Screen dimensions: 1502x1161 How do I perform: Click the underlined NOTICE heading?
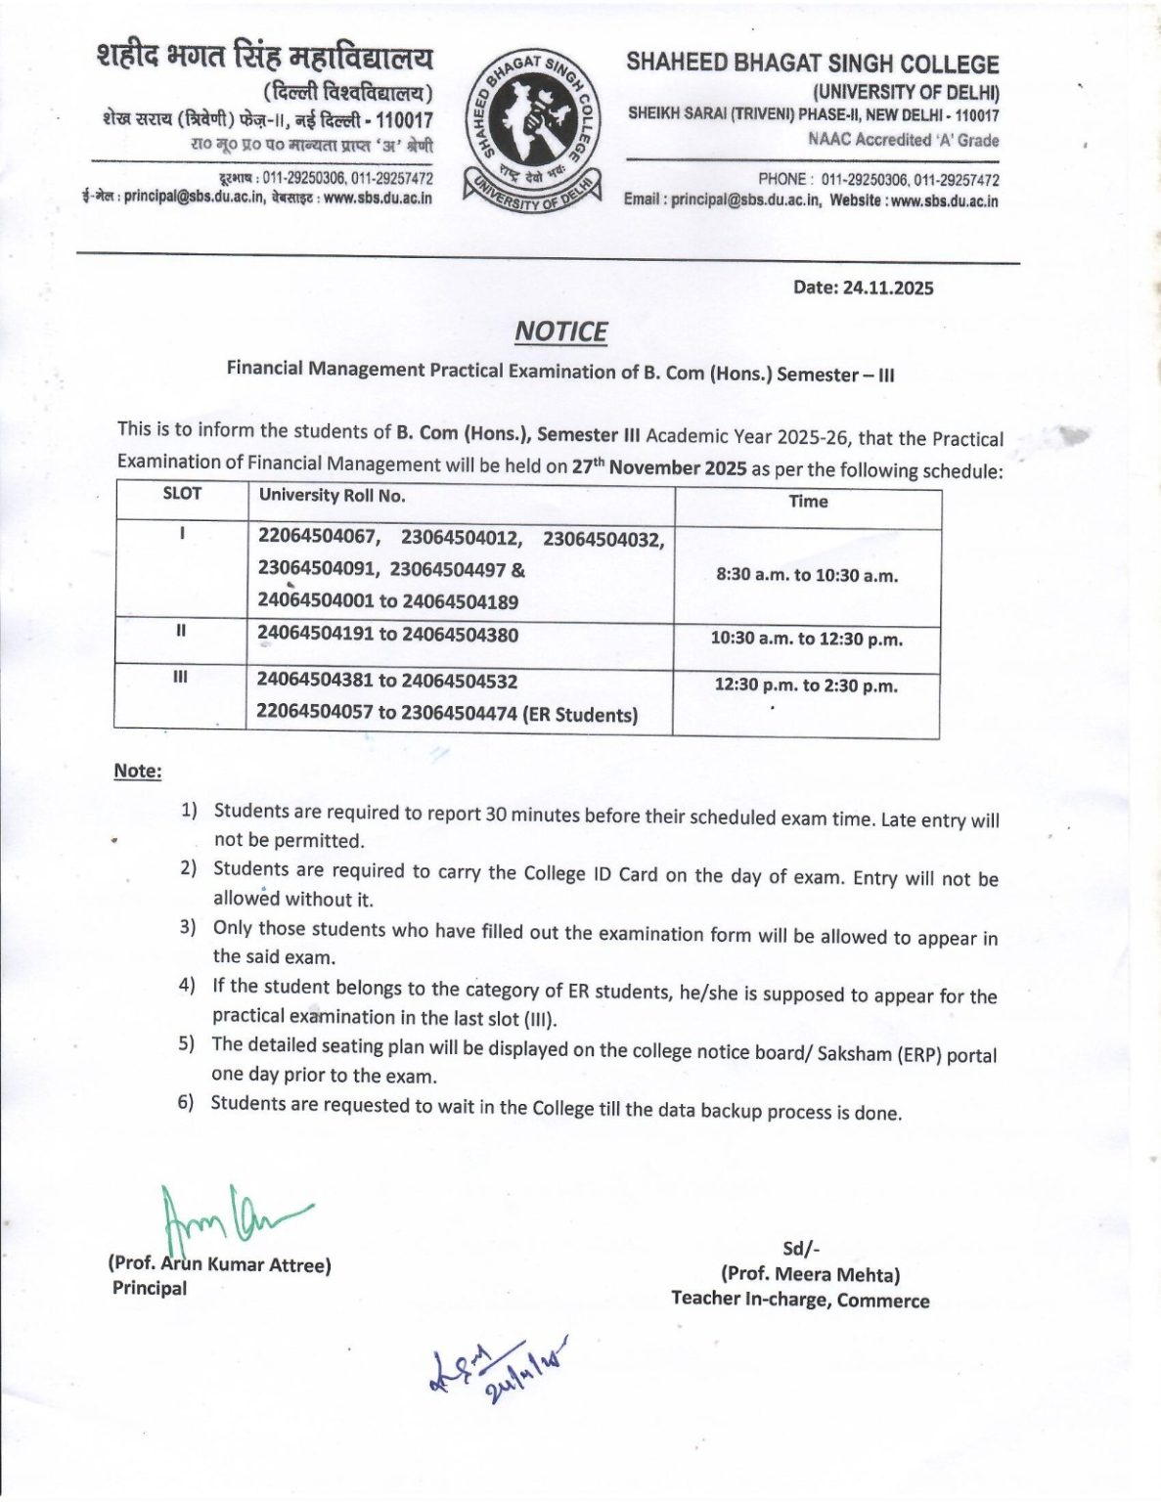pos(560,332)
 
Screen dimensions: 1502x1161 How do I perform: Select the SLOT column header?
pos(182,494)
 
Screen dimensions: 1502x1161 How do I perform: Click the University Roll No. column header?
pos(332,496)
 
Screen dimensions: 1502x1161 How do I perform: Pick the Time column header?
pos(808,502)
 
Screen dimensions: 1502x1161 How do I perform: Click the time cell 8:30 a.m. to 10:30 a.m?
pos(807,575)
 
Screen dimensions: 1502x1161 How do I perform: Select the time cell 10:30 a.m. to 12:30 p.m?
pos(806,640)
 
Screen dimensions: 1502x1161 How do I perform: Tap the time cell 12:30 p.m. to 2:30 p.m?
pos(805,685)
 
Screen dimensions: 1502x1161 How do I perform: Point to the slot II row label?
pos(181,631)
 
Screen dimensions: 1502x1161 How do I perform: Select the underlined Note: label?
pos(138,771)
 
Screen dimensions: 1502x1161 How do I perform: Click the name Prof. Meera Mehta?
pos(810,1274)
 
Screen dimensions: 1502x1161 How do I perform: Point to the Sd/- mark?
pos(800,1249)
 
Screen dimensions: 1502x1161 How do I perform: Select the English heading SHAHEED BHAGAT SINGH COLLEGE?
pos(812,64)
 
